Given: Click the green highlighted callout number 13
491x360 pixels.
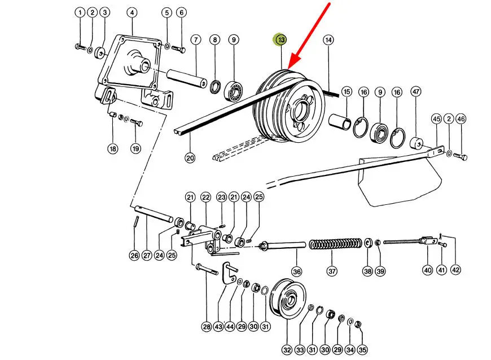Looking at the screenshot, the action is tap(281, 39).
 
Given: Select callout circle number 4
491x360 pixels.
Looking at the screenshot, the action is tap(132, 12).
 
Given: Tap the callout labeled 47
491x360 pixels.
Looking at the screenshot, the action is tap(416, 92).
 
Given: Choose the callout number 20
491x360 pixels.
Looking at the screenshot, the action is tap(190, 158).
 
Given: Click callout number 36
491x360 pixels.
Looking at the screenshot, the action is tap(297, 271).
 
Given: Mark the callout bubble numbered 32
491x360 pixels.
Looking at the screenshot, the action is tap(287, 350).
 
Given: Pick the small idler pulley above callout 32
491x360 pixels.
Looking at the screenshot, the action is tap(287, 298).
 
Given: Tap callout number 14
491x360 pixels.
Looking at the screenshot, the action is tap(328, 39).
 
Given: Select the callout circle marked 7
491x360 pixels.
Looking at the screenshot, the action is tap(196, 39).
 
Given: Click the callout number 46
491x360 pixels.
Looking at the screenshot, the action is tap(461, 119).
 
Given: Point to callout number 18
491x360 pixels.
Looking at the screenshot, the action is tap(113, 148).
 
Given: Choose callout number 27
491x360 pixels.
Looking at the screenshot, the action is tap(147, 255).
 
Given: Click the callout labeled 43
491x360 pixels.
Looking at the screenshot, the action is tap(218, 327).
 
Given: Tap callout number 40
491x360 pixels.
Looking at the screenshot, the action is tap(428, 270).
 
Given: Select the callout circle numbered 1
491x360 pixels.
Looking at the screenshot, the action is tap(80, 12).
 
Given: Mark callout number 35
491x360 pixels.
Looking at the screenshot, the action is tap(362, 350).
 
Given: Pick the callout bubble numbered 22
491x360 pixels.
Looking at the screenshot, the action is tap(206, 197).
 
